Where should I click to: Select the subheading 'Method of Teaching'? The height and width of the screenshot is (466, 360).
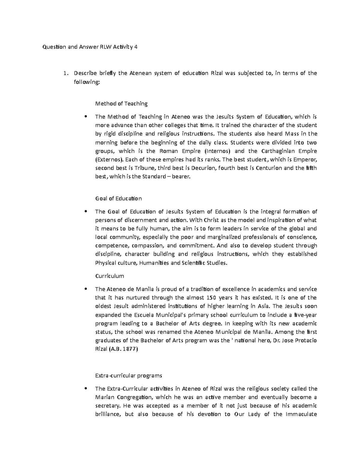click(x=121, y=104)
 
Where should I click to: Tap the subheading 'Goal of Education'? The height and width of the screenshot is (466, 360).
click(x=118, y=198)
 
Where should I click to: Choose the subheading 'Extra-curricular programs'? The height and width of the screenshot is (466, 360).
click(x=128, y=375)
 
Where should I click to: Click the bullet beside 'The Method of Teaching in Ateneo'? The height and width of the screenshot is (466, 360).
click(x=86, y=117)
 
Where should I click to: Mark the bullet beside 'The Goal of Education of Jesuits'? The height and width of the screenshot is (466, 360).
click(x=86, y=212)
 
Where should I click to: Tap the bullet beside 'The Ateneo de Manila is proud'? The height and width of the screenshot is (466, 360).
click(x=86, y=289)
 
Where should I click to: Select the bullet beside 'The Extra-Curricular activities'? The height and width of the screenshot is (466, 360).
click(x=86, y=389)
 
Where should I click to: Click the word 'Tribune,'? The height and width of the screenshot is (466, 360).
click(x=145, y=168)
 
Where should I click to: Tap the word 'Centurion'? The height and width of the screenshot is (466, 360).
click(x=269, y=168)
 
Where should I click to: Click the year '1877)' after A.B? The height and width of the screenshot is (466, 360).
click(x=131, y=349)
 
